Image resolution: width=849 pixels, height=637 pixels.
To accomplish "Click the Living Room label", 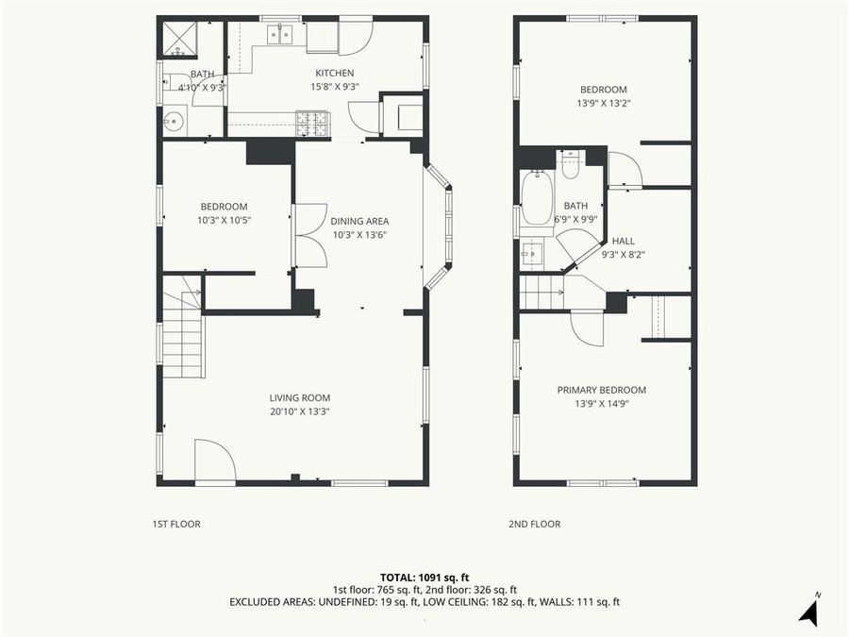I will [300, 397].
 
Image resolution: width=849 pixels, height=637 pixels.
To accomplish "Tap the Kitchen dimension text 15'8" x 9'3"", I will [335, 87].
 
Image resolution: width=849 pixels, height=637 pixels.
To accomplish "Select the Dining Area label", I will [359, 221].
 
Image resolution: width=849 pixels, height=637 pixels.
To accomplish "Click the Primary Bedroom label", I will [602, 390].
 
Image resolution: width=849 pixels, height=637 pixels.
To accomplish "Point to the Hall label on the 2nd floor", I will [624, 241].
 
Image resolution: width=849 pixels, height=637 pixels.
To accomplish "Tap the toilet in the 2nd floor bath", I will [571, 166].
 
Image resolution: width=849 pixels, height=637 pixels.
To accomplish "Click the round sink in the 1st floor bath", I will [173, 121].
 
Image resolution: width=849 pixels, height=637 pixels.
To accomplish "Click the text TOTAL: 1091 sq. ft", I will [424, 577].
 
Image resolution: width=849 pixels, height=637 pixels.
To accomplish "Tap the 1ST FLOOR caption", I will [176, 524].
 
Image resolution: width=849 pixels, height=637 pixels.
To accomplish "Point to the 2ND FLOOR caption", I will [536, 524].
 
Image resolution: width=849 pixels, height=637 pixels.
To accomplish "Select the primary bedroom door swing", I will [587, 327].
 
